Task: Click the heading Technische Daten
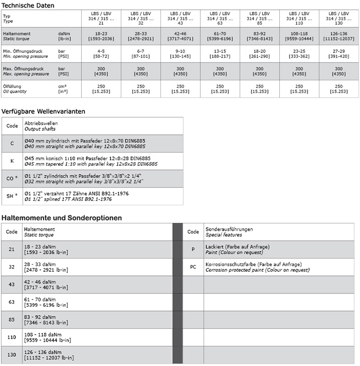(27, 5)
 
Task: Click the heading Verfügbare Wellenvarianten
(43, 111)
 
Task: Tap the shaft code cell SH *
(12, 196)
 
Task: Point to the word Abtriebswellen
(41, 124)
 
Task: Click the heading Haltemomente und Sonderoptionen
(62, 218)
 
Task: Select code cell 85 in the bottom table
(12, 319)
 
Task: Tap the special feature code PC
(193, 267)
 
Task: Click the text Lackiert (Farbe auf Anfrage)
(237, 247)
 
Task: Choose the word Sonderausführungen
(229, 229)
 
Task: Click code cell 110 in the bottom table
(12, 337)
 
